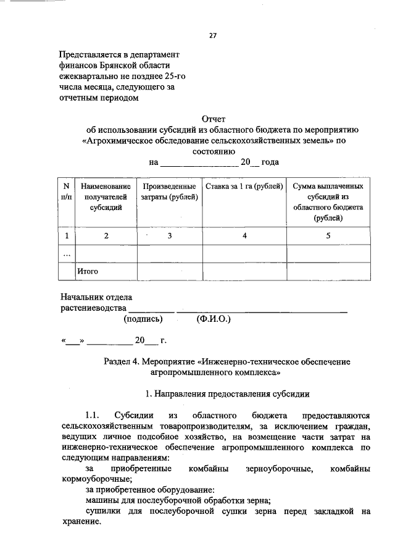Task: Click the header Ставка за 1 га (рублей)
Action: coord(244,185)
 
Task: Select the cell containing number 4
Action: coord(244,235)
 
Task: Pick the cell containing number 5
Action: coord(328,235)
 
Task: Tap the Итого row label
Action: coord(88,271)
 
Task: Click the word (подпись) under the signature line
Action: coord(143,319)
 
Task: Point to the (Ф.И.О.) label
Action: coord(214,319)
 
